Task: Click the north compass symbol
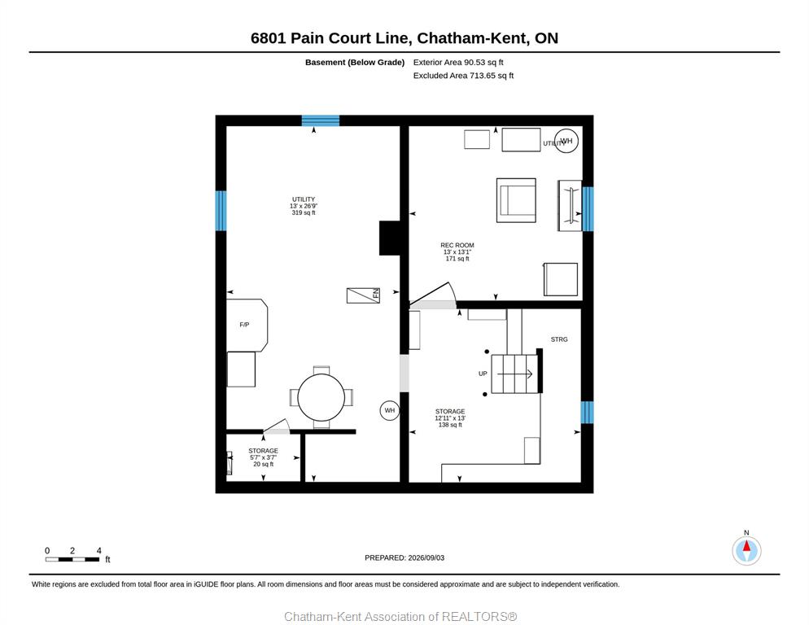(746, 550)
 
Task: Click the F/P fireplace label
(244, 325)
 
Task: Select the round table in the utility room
(321, 398)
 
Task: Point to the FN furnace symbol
(363, 295)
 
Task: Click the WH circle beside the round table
(390, 410)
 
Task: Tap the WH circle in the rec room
(566, 141)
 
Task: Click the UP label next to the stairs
(483, 374)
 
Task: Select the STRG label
(559, 339)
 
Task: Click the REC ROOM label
(457, 245)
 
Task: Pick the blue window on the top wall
(321, 120)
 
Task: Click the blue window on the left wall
(221, 211)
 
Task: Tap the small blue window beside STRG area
(587, 413)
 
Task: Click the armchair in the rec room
(516, 200)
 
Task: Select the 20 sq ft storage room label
(263, 457)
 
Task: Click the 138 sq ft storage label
(450, 418)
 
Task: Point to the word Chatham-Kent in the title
(472, 38)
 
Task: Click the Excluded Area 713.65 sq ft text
(463, 76)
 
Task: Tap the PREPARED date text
(404, 558)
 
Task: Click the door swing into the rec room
(432, 295)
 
